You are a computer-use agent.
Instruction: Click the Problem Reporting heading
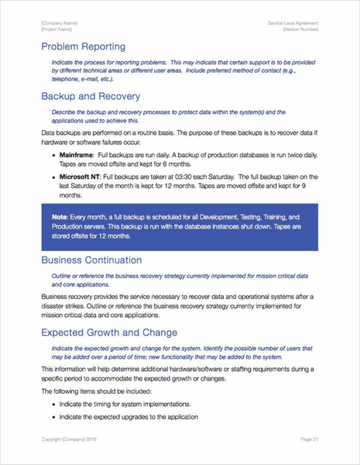[x=83, y=47]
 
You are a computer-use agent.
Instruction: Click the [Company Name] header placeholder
[x=60, y=23]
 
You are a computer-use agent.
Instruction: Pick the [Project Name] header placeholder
[x=58, y=29]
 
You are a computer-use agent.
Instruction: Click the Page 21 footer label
[x=308, y=439]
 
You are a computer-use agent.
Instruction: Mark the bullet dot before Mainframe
[x=53, y=157]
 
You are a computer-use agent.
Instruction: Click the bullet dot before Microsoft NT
[x=53, y=177]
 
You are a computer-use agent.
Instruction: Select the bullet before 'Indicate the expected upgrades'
[x=53, y=418]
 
